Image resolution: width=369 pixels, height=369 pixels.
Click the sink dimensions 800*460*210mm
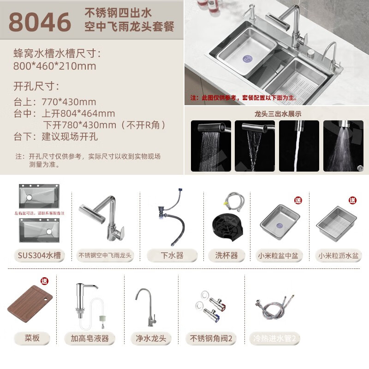pyautogui.click(x=55, y=66)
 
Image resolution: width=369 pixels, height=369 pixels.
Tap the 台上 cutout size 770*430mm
pyautogui.click(x=69, y=102)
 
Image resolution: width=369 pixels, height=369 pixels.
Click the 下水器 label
pyautogui.click(x=172, y=255)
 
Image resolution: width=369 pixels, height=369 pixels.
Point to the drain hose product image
pyautogui.click(x=173, y=217)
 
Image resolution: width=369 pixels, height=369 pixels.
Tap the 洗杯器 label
pyautogui.click(x=226, y=255)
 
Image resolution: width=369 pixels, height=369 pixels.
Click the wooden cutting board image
pyautogui.click(x=30, y=304)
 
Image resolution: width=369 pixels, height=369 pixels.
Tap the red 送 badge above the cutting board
pyautogui.click(x=44, y=281)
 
